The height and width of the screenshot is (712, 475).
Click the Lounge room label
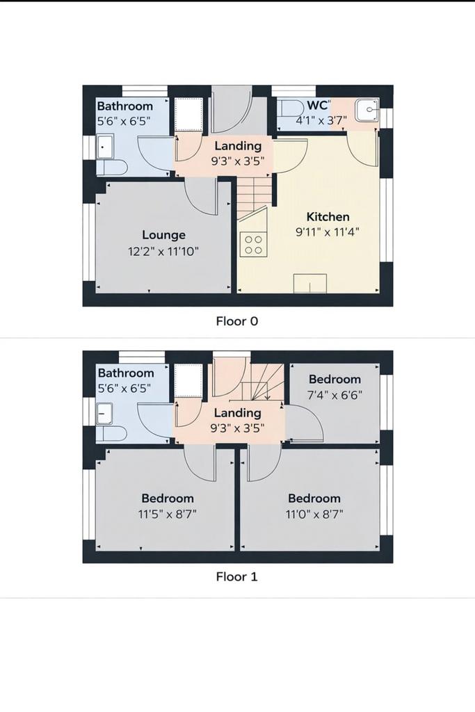(x=163, y=235)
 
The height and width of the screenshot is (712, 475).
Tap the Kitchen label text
(x=328, y=217)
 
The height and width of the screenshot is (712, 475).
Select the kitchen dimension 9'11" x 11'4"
(x=328, y=232)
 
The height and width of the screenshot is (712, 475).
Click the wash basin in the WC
(x=367, y=111)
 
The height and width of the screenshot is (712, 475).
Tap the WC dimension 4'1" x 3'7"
(x=321, y=120)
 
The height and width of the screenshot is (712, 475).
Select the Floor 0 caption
(x=237, y=321)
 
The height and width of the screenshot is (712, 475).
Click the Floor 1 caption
(x=237, y=577)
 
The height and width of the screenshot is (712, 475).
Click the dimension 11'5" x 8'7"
(x=168, y=515)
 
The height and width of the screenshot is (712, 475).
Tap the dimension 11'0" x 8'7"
(x=314, y=515)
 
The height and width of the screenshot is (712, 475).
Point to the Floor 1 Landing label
(x=238, y=413)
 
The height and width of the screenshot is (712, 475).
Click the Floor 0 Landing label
(x=238, y=146)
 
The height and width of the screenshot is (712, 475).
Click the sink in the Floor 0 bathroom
(x=105, y=147)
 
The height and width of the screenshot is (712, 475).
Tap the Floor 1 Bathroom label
(x=126, y=373)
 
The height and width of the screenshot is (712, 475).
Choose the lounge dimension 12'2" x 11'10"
(x=163, y=251)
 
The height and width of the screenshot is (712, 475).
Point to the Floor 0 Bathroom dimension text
(x=124, y=122)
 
